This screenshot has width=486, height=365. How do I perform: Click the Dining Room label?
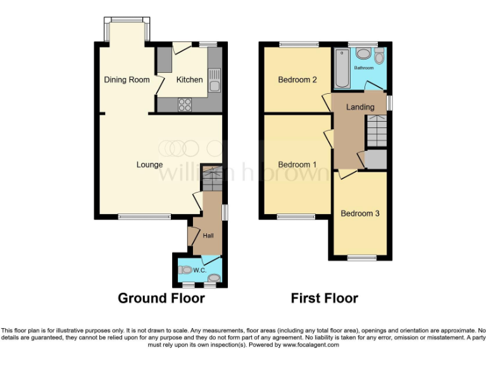(127, 80)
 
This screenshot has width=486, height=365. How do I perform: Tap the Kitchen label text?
(189, 80)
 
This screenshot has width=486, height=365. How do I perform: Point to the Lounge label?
(150, 165)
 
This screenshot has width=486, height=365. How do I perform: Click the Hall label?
(208, 236)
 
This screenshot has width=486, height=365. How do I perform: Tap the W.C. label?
(200, 271)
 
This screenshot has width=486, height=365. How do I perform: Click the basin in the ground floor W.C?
(215, 278)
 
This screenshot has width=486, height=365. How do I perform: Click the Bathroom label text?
(364, 68)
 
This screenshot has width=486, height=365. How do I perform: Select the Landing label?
(359, 107)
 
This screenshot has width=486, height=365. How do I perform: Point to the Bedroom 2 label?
(297, 80)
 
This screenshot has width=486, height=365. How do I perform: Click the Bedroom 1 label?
(297, 165)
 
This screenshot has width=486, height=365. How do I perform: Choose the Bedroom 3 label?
(360, 214)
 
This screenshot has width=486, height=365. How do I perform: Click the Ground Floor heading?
(161, 298)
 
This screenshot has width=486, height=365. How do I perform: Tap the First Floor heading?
(325, 298)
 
